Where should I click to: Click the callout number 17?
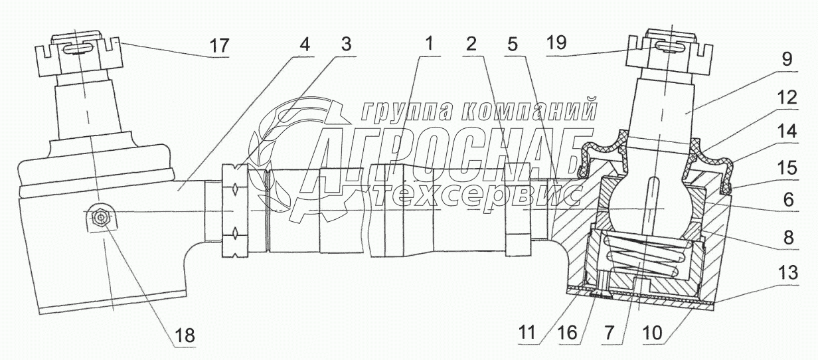pos(218,46)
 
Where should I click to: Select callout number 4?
pos(303,45)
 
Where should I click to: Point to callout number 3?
pos(345,45)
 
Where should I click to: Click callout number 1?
pos(429,45)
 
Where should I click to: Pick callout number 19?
pos(556,44)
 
